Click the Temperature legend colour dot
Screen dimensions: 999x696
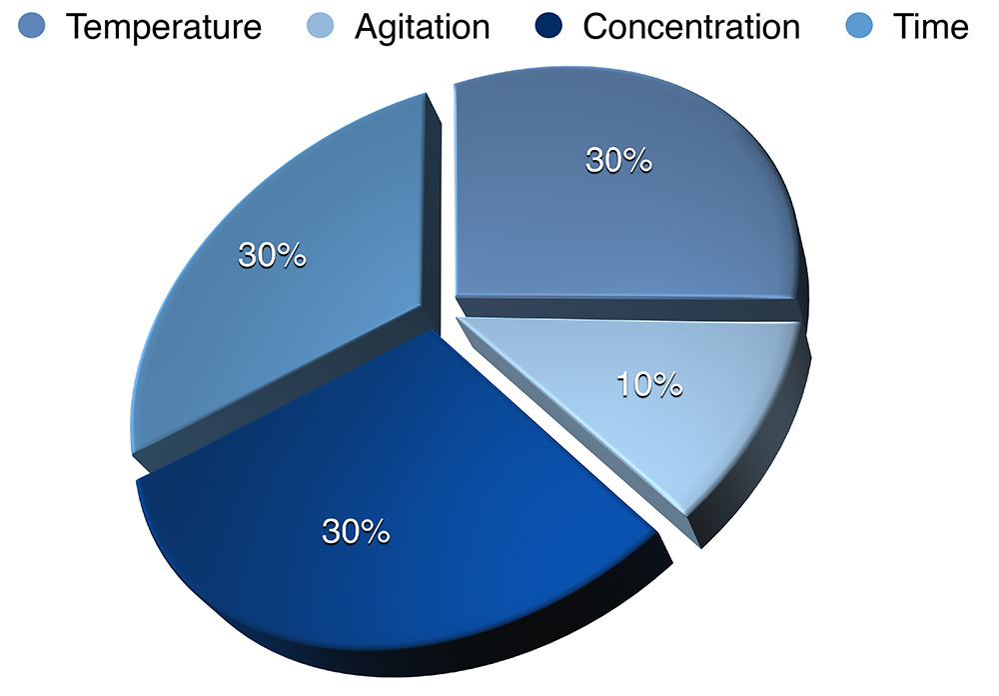click(32, 26)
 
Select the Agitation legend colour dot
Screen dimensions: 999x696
click(320, 26)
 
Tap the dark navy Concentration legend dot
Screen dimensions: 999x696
click(548, 26)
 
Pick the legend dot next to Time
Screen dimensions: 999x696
click(859, 26)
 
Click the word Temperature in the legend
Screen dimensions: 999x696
click(164, 27)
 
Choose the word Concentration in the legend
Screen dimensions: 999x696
click(691, 27)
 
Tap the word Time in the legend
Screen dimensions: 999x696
click(931, 27)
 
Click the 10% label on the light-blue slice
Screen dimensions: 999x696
click(649, 385)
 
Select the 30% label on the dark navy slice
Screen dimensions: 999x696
click(356, 531)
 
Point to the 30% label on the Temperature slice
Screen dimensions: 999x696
click(618, 159)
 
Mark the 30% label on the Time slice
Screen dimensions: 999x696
click(272, 255)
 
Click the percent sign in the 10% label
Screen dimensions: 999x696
click(667, 385)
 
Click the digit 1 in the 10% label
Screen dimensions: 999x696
click(623, 385)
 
